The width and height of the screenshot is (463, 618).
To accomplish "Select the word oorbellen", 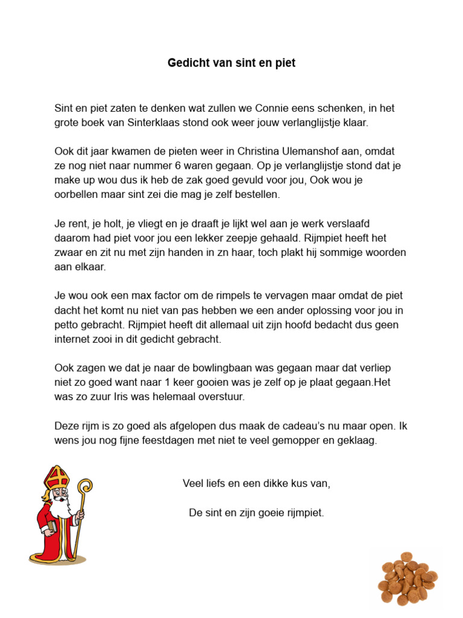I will [77, 194].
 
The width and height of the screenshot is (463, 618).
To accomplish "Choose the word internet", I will [73, 339].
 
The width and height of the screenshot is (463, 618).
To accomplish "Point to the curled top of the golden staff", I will [85, 486].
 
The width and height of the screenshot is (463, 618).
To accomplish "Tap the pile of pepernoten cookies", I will [408, 579].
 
